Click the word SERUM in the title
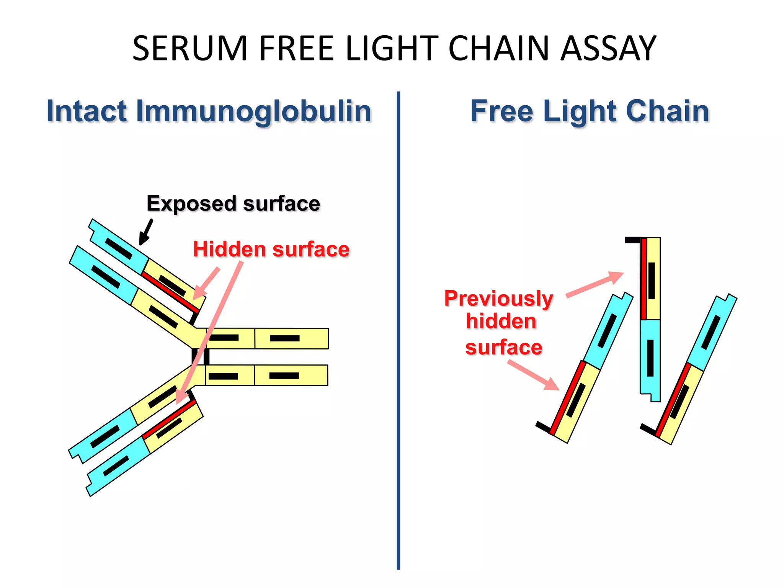tap(190, 49)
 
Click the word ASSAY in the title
tap(608, 49)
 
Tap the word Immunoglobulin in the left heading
tap(253, 111)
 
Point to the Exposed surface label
tap(233, 204)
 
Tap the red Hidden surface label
tap(271, 250)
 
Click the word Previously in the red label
tap(498, 298)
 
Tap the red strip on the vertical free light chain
tap(644, 279)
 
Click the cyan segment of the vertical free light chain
tap(650, 356)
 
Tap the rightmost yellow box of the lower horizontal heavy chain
tap(291, 375)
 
